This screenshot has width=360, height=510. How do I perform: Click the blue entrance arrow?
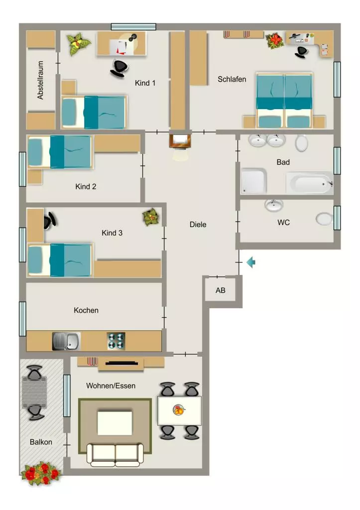[251, 262]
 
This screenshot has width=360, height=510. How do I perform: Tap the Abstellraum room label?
[40, 80]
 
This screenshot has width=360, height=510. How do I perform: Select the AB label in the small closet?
[220, 290]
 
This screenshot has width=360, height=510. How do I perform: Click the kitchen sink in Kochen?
[66, 341]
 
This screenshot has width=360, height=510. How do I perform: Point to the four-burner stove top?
[116, 341]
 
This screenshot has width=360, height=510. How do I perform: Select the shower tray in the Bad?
[253, 181]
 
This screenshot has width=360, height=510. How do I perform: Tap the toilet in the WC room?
[325, 219]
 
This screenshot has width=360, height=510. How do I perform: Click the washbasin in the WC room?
[274, 205]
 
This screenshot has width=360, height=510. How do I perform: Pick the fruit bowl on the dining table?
[179, 410]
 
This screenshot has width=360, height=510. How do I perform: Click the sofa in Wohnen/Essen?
[115, 454]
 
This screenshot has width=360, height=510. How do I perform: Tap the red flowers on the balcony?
[41, 473]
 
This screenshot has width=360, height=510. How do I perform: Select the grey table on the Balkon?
[34, 392]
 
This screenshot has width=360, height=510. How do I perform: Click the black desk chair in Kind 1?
[119, 68]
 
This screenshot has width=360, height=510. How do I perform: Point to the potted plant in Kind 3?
[151, 217]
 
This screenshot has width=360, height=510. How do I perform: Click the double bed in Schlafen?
[284, 100]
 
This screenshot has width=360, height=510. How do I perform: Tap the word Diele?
[198, 225]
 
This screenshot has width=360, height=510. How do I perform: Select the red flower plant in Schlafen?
[275, 41]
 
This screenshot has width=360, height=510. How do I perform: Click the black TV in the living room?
[121, 363]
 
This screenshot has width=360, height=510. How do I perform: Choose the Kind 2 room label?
[86, 186]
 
